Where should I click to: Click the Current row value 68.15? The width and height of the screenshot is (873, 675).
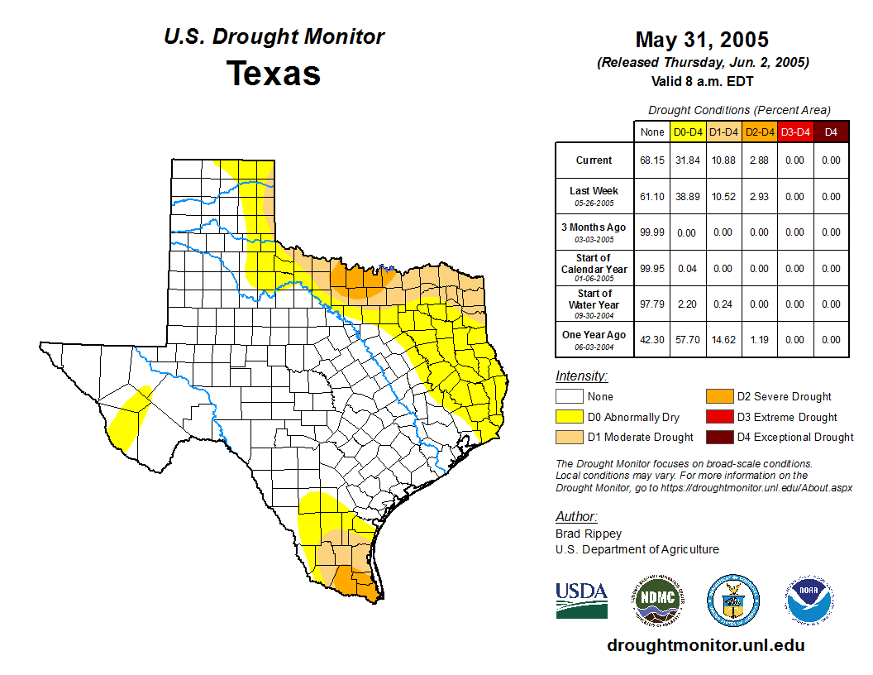pos(651,160)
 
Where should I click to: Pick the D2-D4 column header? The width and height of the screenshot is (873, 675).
pos(759,132)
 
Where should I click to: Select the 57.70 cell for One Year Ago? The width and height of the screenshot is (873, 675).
pos(688,340)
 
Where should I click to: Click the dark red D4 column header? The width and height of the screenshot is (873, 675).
pos(831,132)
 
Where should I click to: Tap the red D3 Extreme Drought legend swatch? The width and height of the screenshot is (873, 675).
pos(718,418)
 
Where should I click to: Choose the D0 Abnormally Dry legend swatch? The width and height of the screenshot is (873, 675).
pos(570,418)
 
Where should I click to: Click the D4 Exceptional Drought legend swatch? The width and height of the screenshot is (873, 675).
pos(718,438)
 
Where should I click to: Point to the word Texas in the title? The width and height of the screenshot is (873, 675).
pos(274,73)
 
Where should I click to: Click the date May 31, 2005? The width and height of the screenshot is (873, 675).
pos(702,40)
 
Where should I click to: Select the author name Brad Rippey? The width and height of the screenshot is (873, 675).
pos(589,534)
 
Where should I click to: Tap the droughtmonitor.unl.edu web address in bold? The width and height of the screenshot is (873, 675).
pos(705,645)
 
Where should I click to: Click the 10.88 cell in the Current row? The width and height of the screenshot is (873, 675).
pos(723,160)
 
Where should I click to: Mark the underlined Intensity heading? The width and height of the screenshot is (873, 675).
pos(581,376)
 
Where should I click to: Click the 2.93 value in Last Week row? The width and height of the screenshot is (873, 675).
pos(759,197)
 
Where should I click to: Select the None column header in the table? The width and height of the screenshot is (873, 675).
pos(651,132)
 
